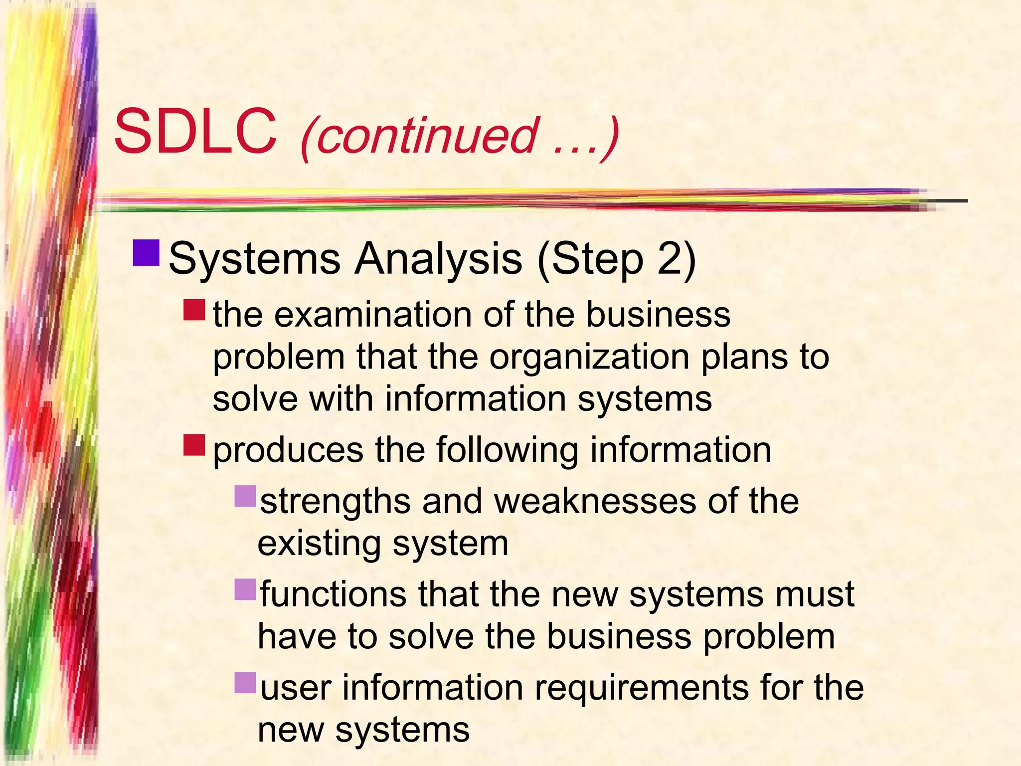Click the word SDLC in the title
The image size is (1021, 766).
coord(195,133)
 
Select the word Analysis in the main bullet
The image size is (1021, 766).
coord(438,259)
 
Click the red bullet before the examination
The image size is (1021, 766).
coord(194,310)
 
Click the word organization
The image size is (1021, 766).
coord(589,358)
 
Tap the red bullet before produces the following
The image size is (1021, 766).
coord(194,445)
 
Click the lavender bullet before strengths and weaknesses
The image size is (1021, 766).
coord(245,496)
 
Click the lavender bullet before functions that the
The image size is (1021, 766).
coord(245,589)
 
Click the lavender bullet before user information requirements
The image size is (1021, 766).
coord(245,683)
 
